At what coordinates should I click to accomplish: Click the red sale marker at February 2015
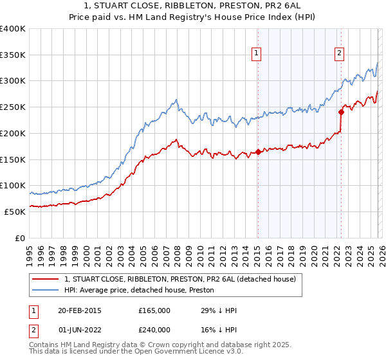[258, 152]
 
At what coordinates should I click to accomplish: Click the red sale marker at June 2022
[341, 112]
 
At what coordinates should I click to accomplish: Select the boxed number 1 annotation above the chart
[257, 53]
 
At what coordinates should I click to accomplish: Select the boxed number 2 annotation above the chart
[339, 53]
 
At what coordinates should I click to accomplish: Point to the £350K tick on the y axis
[13, 55]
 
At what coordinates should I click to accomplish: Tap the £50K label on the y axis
[15, 212]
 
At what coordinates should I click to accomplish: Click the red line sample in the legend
[46, 279]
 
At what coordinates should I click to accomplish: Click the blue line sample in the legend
[46, 290]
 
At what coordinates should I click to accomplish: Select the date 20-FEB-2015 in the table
[79, 310]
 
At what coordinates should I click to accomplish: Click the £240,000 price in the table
[154, 330]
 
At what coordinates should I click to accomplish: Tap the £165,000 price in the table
[154, 310]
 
